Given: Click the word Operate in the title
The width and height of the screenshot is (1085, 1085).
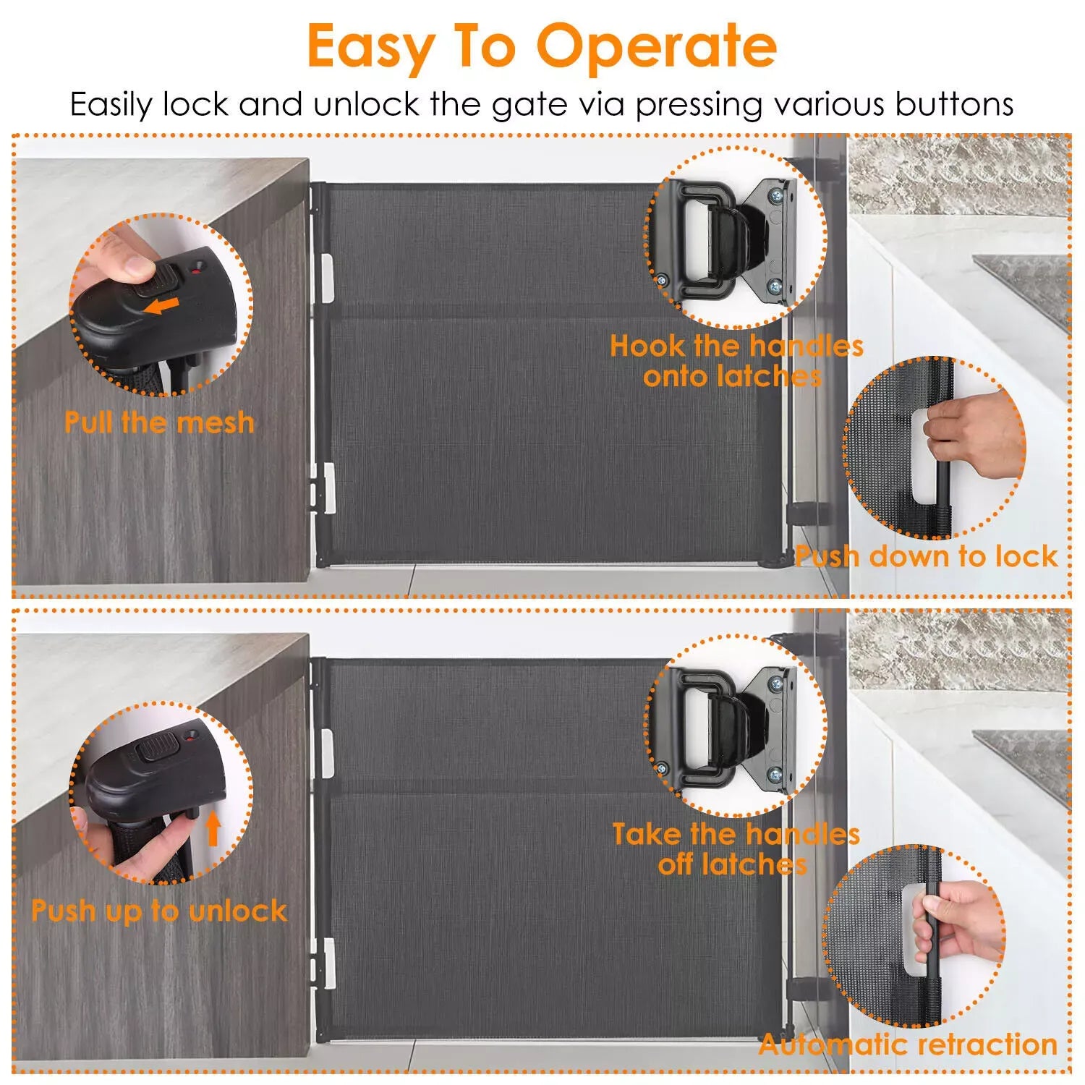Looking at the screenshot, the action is point(656,47).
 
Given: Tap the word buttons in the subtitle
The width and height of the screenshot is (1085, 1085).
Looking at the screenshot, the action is point(954,104).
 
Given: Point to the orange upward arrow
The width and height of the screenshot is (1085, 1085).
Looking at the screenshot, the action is point(213,827).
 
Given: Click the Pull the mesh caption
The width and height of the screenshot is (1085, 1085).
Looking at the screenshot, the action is point(159,422).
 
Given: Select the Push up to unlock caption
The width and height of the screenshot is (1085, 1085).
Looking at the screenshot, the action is point(159,910).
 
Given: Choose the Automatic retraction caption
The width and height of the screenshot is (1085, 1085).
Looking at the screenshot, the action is point(908,1044).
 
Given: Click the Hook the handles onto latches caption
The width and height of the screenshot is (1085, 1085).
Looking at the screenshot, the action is point(736,360).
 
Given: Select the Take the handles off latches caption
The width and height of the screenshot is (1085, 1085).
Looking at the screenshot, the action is point(736,848).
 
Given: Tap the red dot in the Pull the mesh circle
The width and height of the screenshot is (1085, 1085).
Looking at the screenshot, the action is point(195,272).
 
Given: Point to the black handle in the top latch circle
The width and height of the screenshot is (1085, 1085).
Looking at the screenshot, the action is point(705,239).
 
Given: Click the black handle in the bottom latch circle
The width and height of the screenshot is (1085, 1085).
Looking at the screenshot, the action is point(705,728).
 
